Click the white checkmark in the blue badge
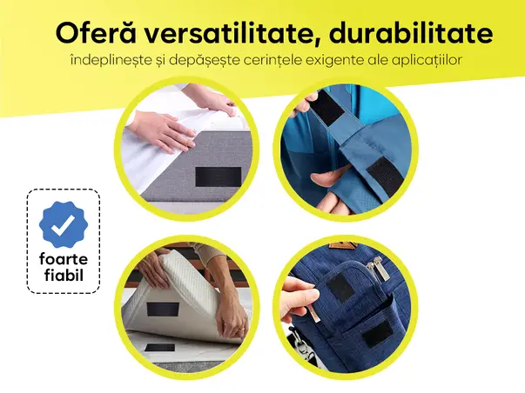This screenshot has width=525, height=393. click(64, 225)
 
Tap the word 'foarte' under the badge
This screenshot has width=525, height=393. click(64, 261)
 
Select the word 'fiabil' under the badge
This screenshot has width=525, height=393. click(64, 279)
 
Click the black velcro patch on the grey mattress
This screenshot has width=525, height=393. click(212, 176)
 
